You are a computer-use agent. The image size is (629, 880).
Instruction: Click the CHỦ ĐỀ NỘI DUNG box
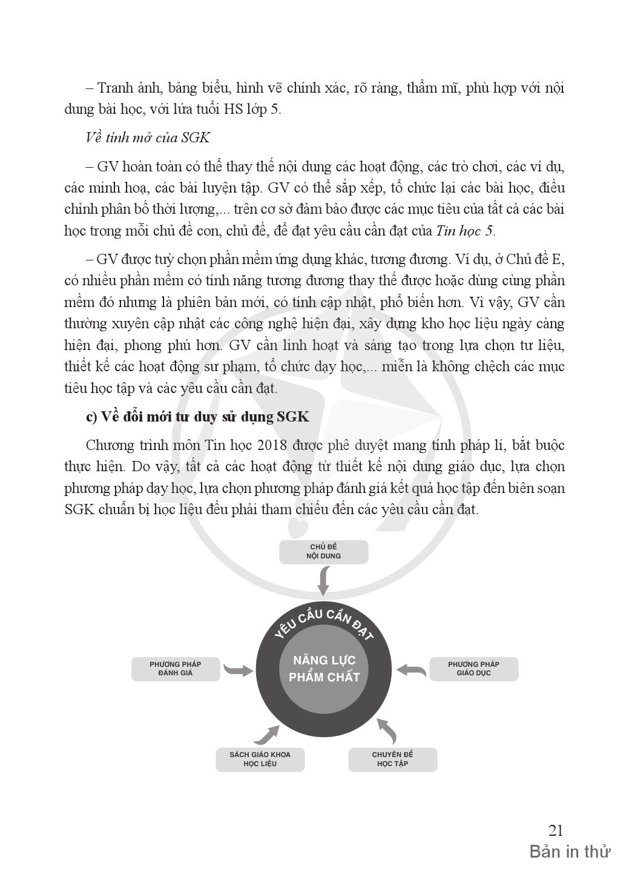click(x=324, y=551)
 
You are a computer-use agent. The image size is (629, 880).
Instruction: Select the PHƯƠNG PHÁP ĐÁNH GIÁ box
click(x=175, y=669)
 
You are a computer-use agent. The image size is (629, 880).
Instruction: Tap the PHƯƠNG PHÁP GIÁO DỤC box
click(x=473, y=669)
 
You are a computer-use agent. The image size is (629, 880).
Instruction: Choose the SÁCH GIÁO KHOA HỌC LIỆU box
click(x=260, y=759)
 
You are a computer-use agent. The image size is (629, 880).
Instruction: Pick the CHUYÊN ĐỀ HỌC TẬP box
click(x=392, y=759)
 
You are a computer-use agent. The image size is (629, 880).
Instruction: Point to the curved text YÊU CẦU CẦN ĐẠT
click(x=324, y=623)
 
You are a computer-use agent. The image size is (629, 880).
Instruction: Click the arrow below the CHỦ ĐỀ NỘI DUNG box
click(x=324, y=580)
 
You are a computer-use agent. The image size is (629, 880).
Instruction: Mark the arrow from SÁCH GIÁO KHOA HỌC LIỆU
click(x=266, y=733)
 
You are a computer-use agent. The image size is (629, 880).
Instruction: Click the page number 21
click(x=555, y=830)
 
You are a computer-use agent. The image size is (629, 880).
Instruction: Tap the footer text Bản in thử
click(x=570, y=852)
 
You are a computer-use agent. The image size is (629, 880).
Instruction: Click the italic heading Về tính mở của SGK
click(x=148, y=137)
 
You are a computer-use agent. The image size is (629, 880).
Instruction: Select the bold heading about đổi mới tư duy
click(x=197, y=417)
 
